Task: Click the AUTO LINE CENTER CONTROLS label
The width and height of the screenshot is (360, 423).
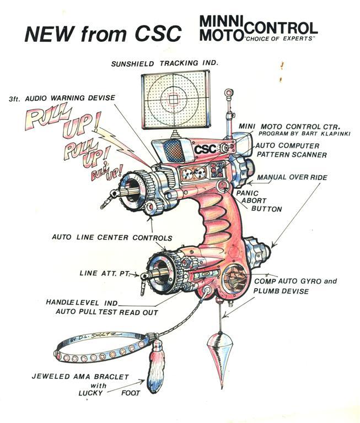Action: [x=112, y=238]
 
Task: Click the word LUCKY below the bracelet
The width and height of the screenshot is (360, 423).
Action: [x=98, y=393]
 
